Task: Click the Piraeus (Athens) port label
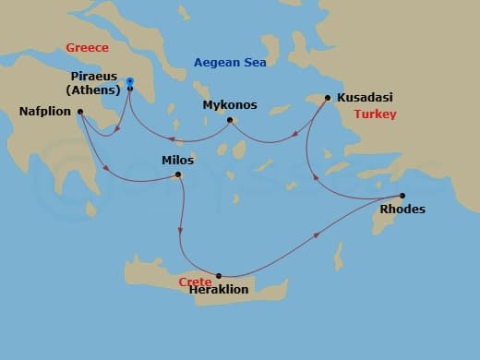tap(95, 82)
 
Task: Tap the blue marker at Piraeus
tap(129, 82)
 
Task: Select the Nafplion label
tap(45, 113)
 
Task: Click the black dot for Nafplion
tap(80, 113)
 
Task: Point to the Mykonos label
tap(230, 105)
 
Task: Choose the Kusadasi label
tap(366, 97)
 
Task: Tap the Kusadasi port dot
tap(328, 97)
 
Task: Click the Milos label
tap(178, 160)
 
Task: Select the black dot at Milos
tap(178, 174)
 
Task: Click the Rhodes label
tap(403, 210)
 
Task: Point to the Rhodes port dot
tap(402, 195)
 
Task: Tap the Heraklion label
tap(218, 289)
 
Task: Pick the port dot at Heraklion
tap(219, 276)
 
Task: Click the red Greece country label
tap(89, 47)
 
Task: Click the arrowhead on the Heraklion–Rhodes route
tap(318, 235)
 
